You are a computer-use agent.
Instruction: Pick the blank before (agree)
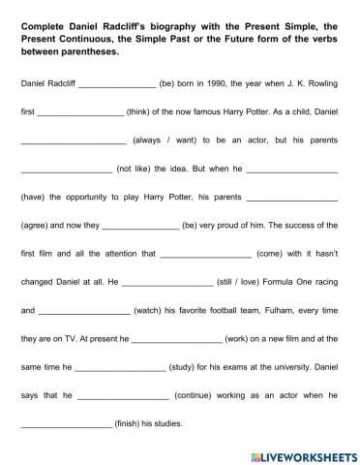tap(292, 198)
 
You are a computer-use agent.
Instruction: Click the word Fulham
tap(257, 311)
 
